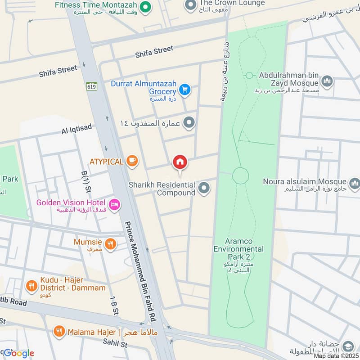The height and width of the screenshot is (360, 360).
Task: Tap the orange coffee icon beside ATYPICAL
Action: [x=132, y=161]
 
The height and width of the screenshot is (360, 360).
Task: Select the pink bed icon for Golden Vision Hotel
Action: [x=115, y=204]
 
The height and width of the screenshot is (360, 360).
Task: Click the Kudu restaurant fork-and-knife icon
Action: [x=31, y=285]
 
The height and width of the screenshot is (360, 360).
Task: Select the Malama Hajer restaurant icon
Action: [x=58, y=332]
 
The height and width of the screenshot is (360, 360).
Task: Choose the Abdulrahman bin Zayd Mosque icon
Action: [x=327, y=81]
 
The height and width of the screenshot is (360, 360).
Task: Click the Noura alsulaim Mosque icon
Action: [x=354, y=183]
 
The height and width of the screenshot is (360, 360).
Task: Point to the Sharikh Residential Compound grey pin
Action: [x=204, y=188]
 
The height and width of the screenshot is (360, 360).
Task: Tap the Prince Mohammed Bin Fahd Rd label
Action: [x=140, y=271]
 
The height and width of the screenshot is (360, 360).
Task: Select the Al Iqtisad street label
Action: [x=77, y=130]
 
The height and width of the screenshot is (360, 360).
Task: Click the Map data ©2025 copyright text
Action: [x=336, y=356]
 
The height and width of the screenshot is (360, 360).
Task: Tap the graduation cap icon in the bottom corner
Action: [x=347, y=346]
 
